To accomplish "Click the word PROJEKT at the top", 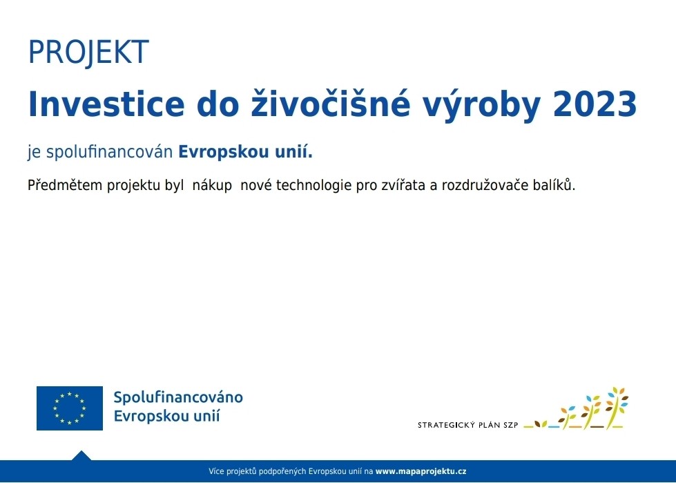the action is [x=88, y=53].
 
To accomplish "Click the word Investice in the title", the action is [x=106, y=104].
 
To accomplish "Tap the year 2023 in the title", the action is [x=595, y=104].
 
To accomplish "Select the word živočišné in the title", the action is [x=331, y=104].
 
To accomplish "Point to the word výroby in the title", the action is [x=481, y=106].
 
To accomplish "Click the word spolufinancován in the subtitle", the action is [x=110, y=152].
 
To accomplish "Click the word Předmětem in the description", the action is [x=65, y=185].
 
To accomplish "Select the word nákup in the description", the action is [x=212, y=185].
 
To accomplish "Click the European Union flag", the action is [x=70, y=408].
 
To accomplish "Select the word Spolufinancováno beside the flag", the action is [x=178, y=397].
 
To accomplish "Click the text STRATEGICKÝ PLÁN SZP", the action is [x=467, y=425].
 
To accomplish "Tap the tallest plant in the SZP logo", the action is [x=617, y=407].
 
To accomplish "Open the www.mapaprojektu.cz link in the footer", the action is [x=421, y=471].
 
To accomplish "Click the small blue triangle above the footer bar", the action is [x=81, y=455].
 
